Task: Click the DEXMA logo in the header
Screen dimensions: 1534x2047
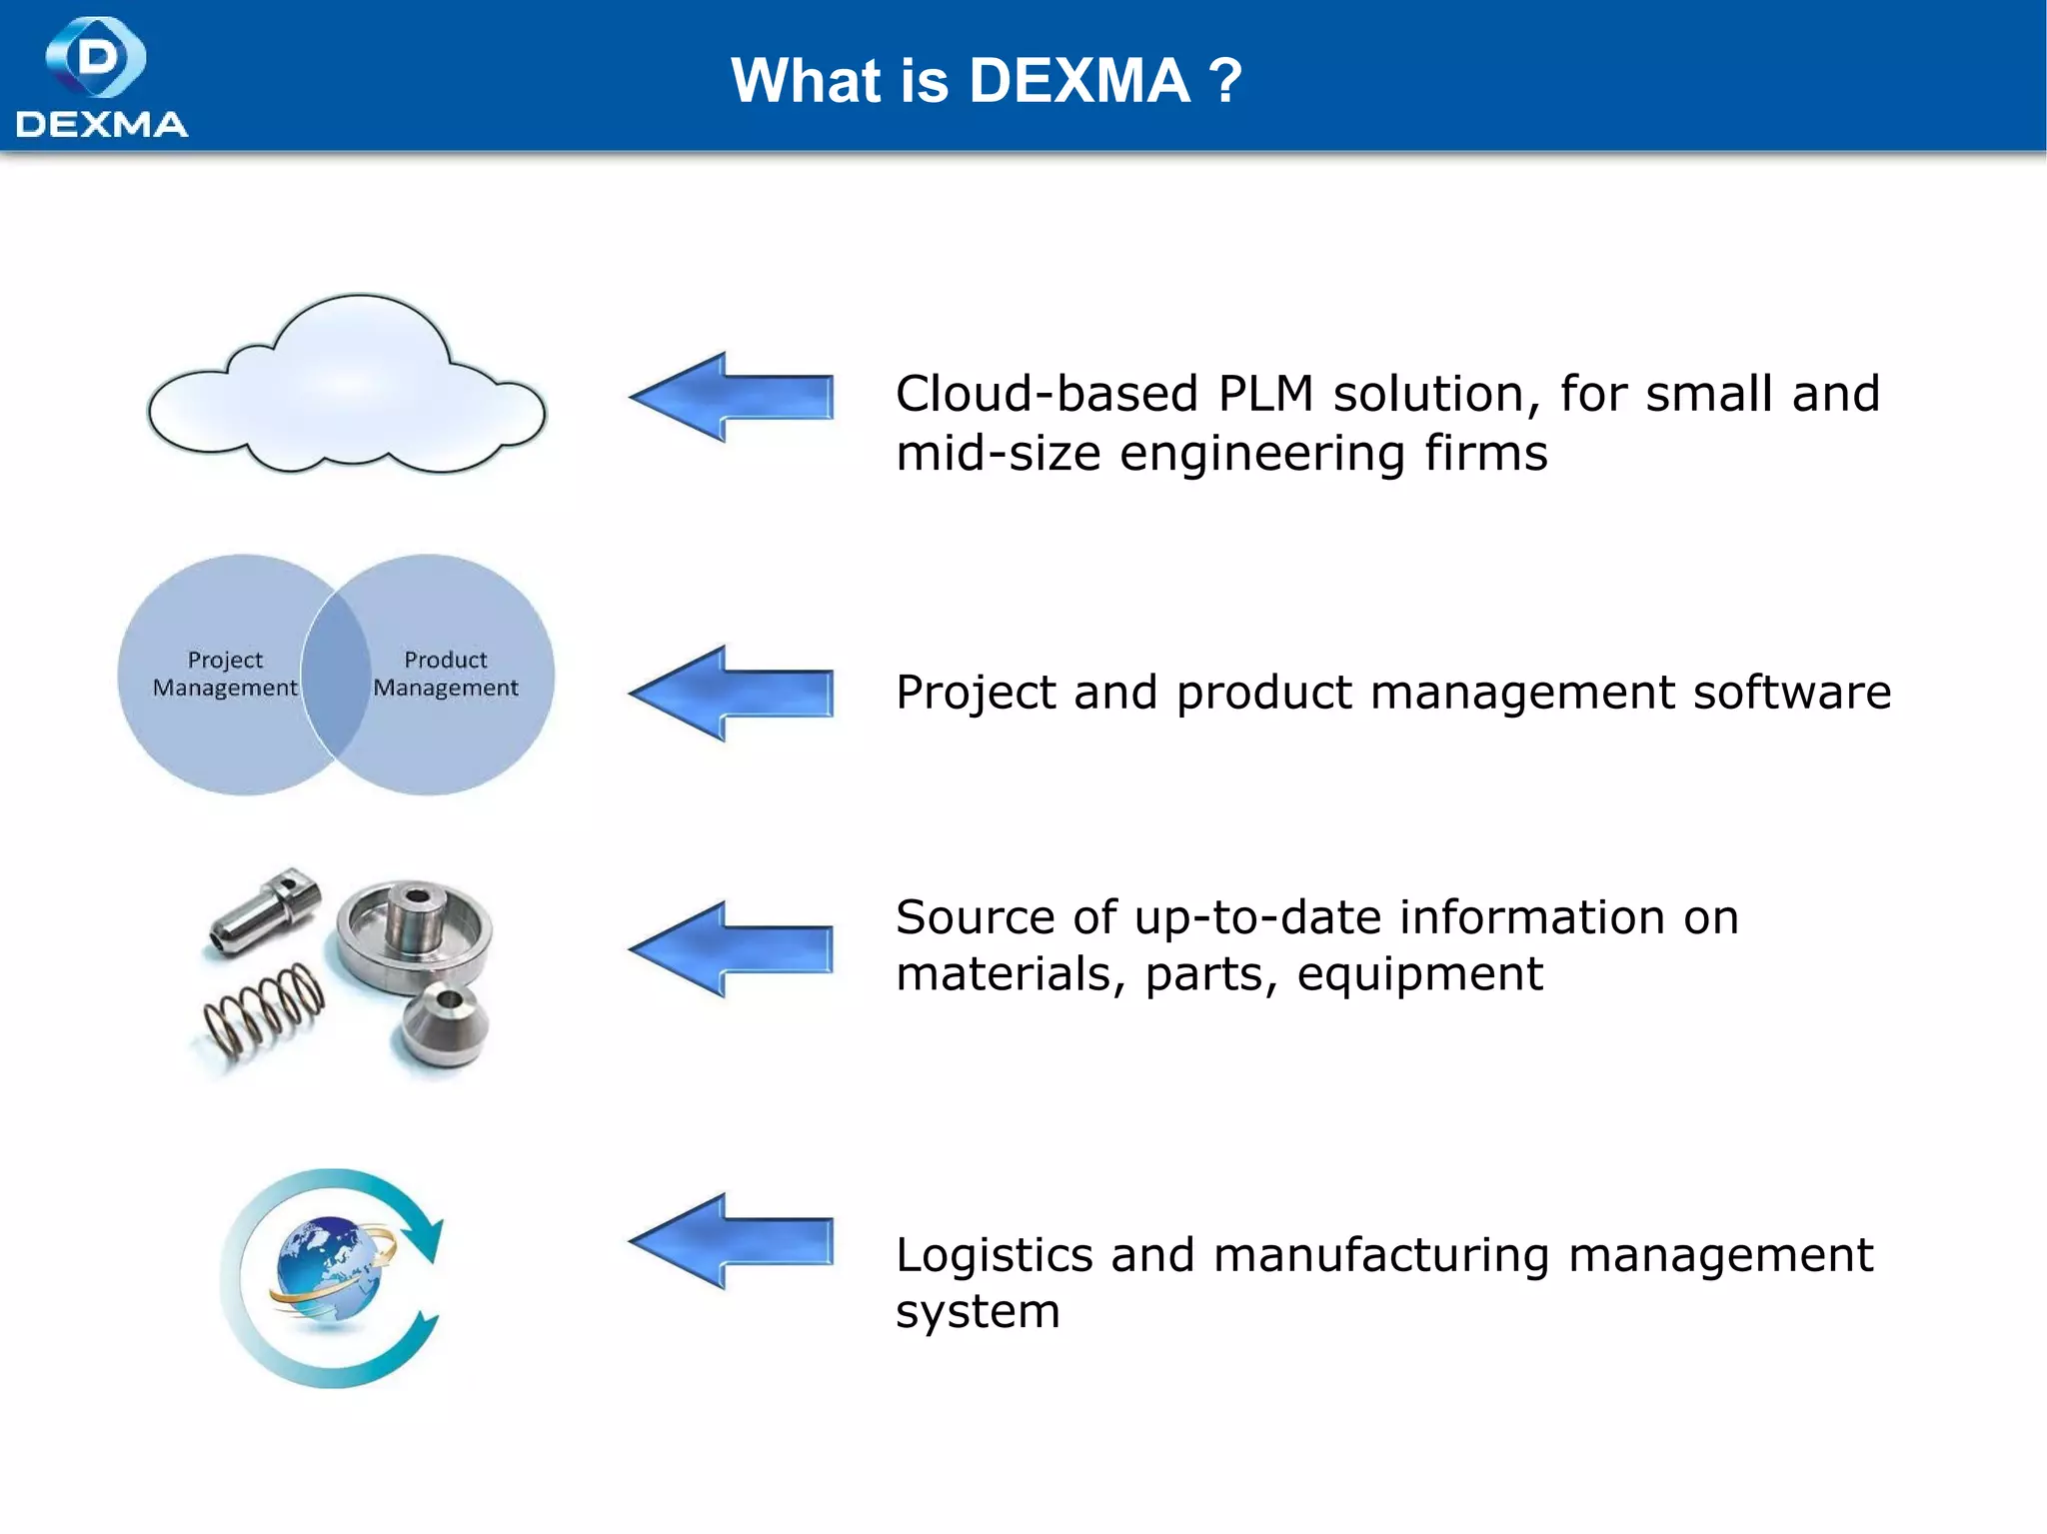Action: (x=100, y=77)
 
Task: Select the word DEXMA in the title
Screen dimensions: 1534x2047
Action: (x=1079, y=81)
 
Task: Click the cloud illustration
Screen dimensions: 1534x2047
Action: (x=346, y=390)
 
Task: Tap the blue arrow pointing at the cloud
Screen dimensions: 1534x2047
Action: (x=732, y=397)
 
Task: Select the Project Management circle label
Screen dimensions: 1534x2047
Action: (x=225, y=674)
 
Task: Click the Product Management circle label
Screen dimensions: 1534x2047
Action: (x=446, y=674)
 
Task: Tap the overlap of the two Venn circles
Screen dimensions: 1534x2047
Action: (x=336, y=675)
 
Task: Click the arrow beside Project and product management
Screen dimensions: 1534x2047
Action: (x=732, y=693)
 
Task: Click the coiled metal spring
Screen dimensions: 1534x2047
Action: (x=265, y=1009)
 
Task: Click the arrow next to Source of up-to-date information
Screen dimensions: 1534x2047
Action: (x=732, y=948)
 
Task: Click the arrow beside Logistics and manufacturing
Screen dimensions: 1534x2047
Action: (x=732, y=1240)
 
